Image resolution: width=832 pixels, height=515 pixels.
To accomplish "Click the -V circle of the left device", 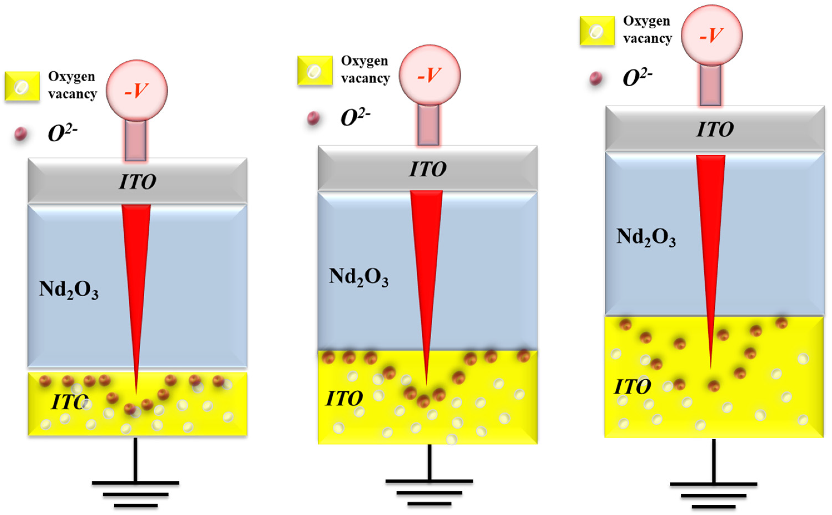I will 136,91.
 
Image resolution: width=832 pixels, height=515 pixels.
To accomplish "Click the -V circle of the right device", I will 711,35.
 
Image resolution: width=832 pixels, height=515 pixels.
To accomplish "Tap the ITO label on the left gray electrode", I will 137,182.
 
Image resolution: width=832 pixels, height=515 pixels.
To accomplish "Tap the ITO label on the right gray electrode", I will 715,129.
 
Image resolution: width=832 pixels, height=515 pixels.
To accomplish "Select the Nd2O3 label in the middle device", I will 358,277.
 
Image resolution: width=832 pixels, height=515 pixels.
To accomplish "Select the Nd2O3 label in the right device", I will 646,237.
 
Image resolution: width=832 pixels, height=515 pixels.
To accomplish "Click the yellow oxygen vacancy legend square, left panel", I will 22,86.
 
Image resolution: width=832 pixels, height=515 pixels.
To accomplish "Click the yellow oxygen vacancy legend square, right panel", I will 597,31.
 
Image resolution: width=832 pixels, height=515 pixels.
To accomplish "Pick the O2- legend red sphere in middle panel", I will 313,118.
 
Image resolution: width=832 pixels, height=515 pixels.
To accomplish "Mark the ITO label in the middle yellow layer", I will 344,398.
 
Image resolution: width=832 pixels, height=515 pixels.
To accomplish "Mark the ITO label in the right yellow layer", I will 632,386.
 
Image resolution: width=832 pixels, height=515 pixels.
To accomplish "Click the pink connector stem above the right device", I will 710,85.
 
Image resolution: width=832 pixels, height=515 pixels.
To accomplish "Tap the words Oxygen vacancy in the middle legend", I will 365,69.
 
